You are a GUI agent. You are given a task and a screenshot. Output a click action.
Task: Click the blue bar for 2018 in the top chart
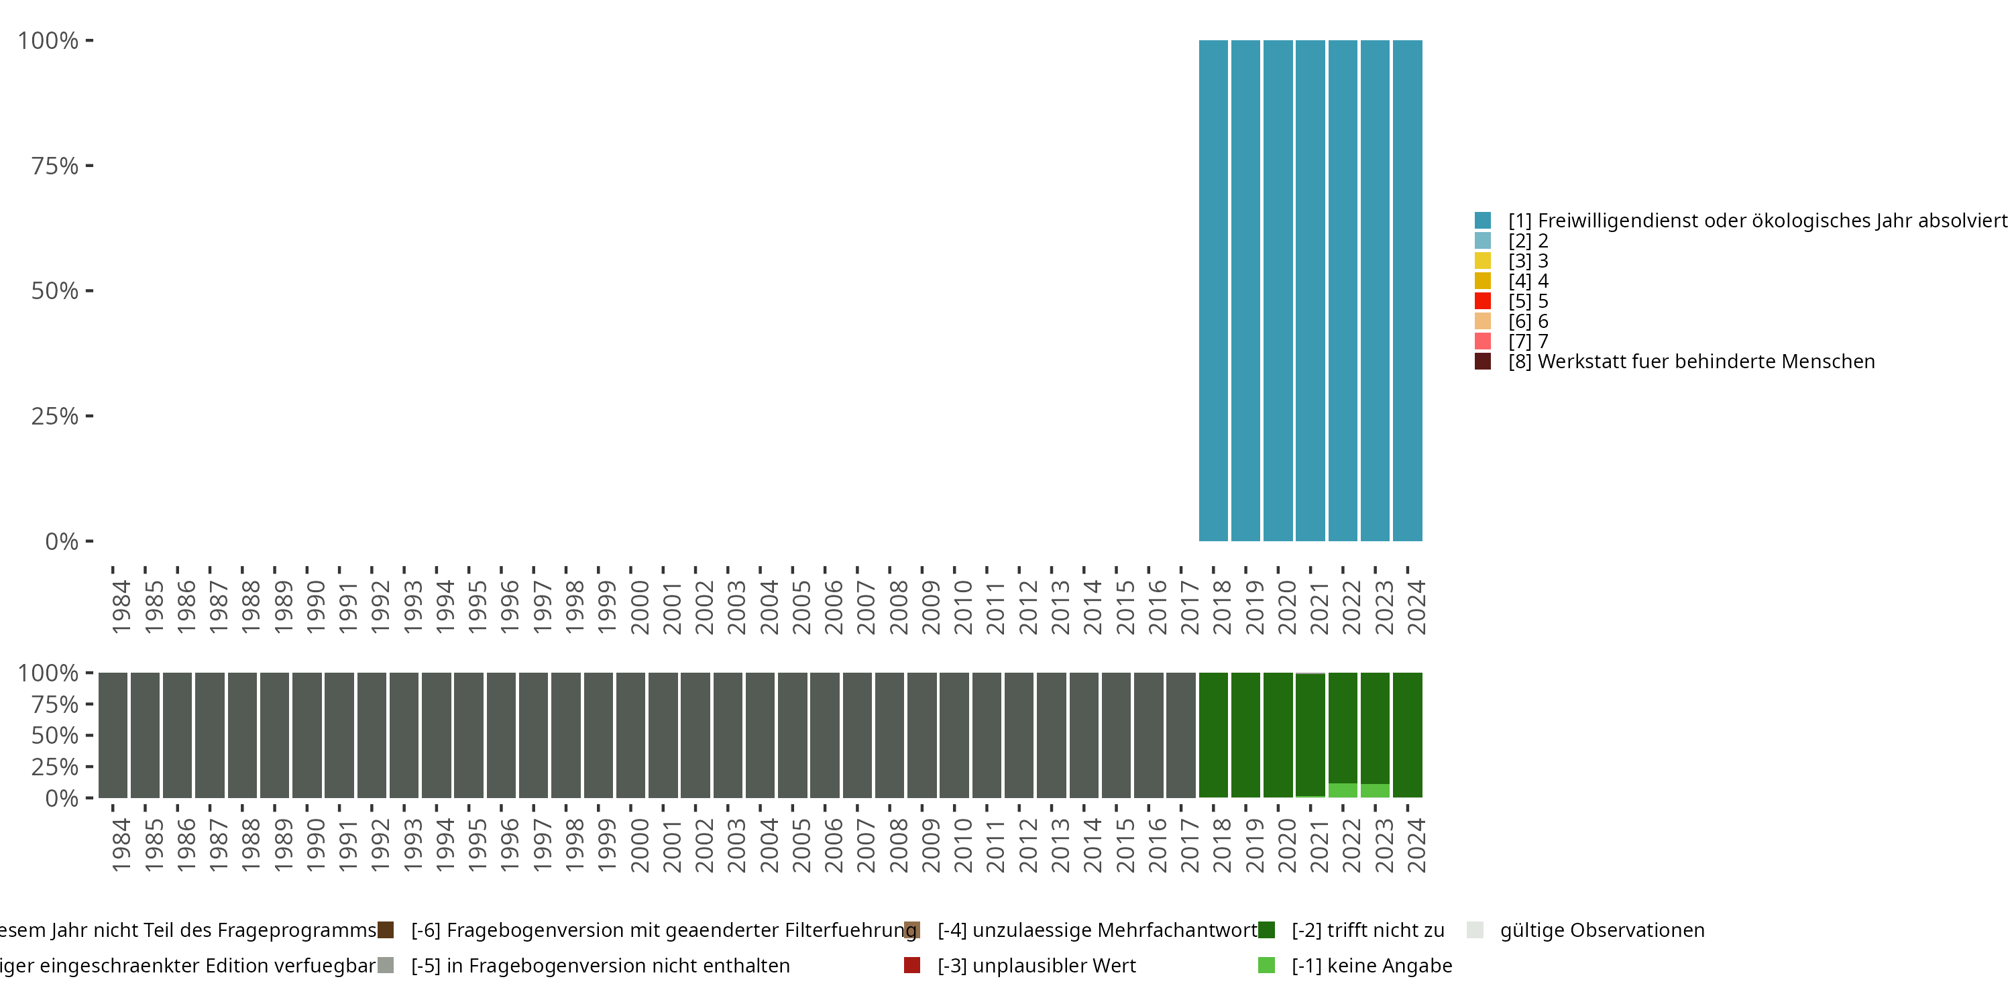(1213, 290)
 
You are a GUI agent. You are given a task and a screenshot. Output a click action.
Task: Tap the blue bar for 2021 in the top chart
(1310, 290)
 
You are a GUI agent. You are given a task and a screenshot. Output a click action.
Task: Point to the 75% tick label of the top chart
(55, 166)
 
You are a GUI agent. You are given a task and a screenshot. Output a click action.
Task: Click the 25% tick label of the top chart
(55, 416)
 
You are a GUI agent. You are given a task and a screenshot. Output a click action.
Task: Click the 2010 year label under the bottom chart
(962, 846)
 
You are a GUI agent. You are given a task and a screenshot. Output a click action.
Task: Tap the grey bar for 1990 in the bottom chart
(307, 735)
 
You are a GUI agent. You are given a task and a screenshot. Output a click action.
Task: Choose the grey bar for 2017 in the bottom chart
(1180, 735)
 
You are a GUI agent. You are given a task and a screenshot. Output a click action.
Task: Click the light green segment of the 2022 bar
(1343, 791)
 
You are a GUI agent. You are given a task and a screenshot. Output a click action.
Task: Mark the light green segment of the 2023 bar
(1375, 791)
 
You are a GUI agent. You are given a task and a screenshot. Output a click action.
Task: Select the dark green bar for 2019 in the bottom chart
(1245, 735)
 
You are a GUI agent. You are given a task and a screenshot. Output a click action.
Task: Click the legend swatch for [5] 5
(1482, 300)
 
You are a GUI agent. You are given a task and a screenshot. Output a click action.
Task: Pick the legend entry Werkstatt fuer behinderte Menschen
(1691, 361)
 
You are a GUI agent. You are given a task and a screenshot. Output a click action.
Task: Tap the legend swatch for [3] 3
(1482, 261)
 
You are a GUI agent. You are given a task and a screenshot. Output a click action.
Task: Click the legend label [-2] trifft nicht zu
(1367, 930)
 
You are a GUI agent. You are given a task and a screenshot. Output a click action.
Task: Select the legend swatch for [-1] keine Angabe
(1266, 965)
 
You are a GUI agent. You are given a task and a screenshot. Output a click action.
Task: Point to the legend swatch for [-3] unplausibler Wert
(911, 965)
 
